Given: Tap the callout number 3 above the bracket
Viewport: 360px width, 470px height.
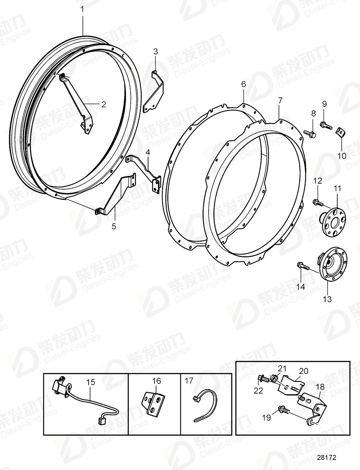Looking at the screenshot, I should (156, 51).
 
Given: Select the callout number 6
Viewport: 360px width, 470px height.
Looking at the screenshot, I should (244, 84).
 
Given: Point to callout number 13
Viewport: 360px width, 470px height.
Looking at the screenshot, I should (327, 299).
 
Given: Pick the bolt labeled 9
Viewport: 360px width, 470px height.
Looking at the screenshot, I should (325, 125).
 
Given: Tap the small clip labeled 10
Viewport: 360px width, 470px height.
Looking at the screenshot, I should (340, 131).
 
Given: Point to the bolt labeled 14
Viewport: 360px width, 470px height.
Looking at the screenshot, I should (303, 265).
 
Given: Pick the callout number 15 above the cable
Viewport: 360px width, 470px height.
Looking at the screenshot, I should (90, 381).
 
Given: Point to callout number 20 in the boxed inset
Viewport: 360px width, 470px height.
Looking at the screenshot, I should (303, 370).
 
